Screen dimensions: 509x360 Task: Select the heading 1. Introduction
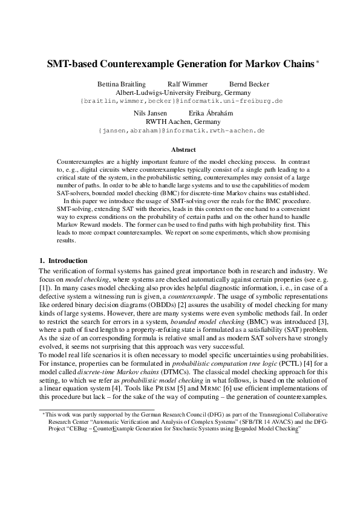63,261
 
